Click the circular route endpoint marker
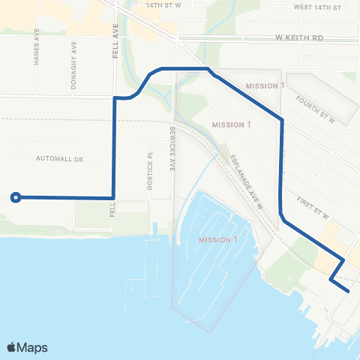click(15, 197)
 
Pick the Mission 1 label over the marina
click(217, 240)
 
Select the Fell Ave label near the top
click(115, 33)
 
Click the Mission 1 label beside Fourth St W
click(265, 85)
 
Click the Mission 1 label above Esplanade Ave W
click(231, 124)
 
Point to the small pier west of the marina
click(154, 227)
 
